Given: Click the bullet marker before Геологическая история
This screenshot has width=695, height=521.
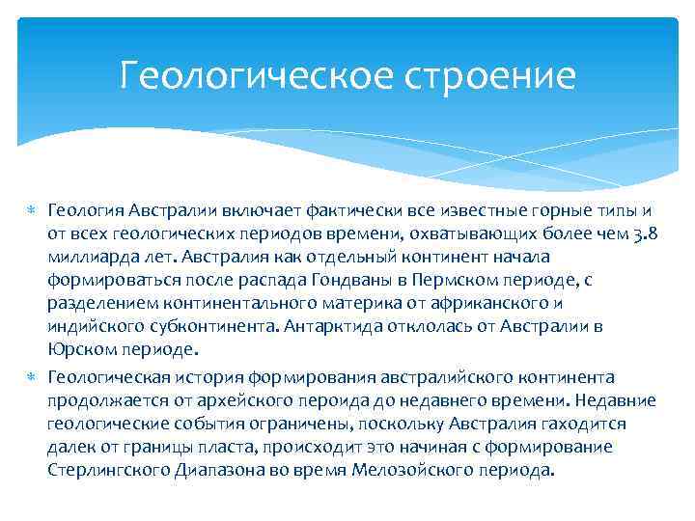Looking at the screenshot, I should coord(32,377).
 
